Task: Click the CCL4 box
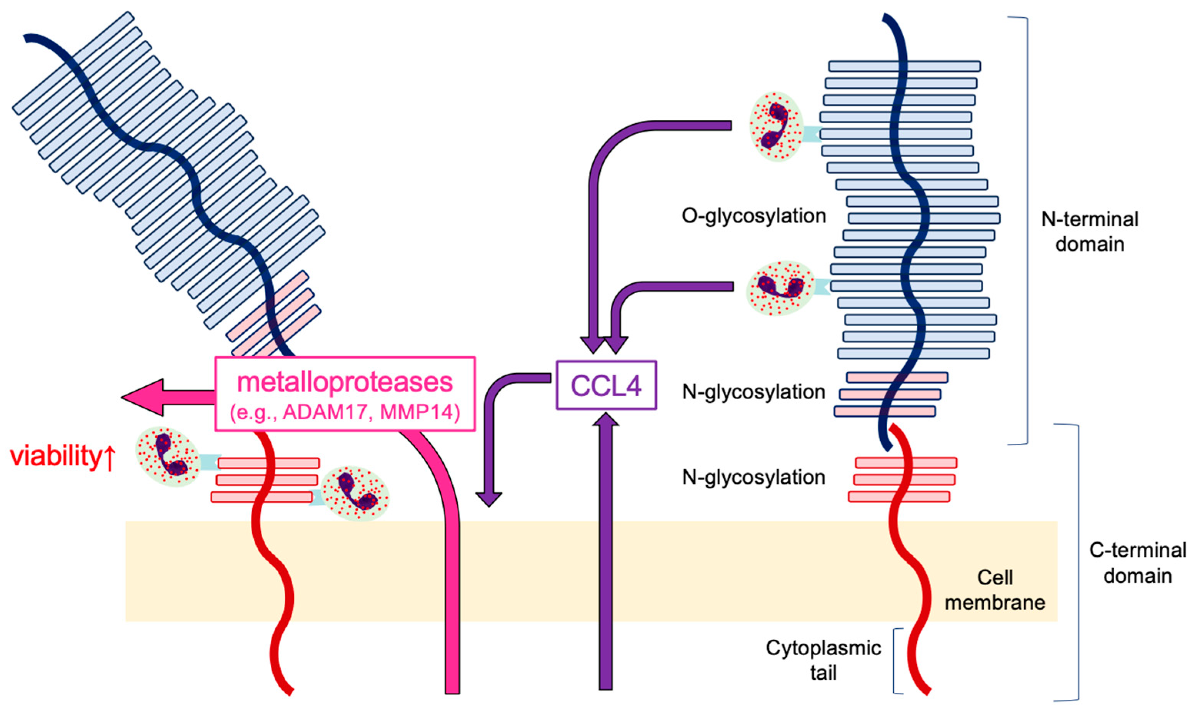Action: pyautogui.click(x=606, y=385)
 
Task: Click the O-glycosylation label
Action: pyautogui.click(x=753, y=216)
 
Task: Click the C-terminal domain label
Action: pyautogui.click(x=1137, y=563)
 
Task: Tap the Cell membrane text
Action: pyautogui.click(x=994, y=590)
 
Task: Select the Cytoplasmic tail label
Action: pyautogui.click(x=823, y=660)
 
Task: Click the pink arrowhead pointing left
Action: pyautogui.click(x=143, y=397)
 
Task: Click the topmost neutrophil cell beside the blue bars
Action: pyautogui.click(x=775, y=126)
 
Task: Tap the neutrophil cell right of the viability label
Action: pyautogui.click(x=167, y=456)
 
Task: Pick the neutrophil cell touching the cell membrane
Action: pyautogui.click(x=355, y=493)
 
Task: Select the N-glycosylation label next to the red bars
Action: pyautogui.click(x=753, y=477)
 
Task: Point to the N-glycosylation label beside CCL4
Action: pyautogui.click(x=753, y=392)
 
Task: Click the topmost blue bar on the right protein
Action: pyautogui.click(x=904, y=66)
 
